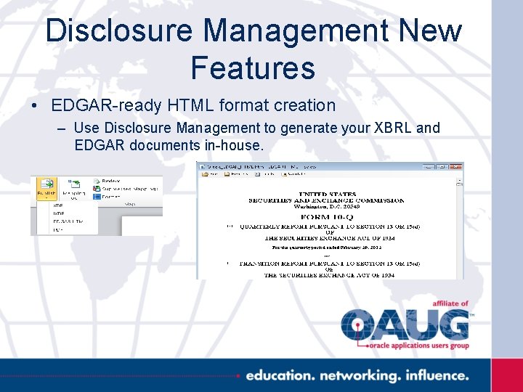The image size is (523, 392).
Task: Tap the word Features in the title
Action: click(x=253, y=68)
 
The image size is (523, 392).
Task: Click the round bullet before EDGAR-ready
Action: click(x=35, y=106)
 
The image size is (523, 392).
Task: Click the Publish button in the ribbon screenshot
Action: click(x=47, y=190)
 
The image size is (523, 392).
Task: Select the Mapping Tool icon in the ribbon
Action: click(x=73, y=189)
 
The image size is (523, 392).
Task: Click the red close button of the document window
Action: click(x=457, y=166)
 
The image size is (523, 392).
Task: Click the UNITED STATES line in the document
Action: click(x=327, y=194)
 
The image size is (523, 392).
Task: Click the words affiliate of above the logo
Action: click(x=450, y=303)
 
